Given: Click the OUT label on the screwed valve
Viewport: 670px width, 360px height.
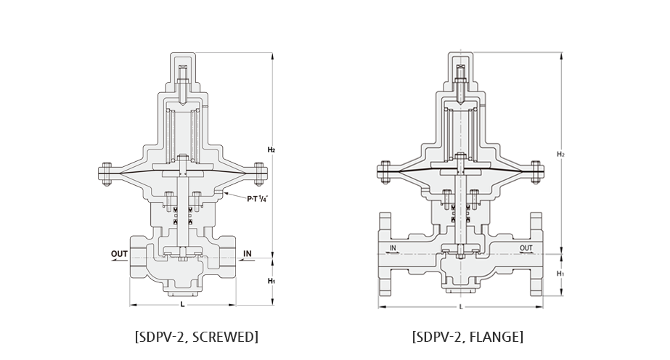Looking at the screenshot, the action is point(119,253).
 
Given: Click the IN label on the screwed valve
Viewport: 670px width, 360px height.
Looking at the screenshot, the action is point(248,253).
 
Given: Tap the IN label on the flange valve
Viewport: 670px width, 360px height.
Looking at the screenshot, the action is point(393,248).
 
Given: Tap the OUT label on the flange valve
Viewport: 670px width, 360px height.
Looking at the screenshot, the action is point(526,248).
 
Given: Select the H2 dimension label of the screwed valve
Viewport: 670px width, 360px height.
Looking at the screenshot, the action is point(271,150).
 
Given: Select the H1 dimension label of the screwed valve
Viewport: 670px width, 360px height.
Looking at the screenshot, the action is point(271,281).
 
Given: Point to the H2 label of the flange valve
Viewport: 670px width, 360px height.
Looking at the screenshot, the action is point(560,154).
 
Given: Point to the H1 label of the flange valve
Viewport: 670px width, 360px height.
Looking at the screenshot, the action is point(560,274).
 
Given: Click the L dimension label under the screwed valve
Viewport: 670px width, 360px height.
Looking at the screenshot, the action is point(182,305).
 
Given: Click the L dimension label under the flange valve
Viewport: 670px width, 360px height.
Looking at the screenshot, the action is point(461,306).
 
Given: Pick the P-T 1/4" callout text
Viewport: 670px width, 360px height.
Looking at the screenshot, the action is point(257,198).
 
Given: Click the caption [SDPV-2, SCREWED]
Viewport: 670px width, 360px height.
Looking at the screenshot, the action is point(197,337).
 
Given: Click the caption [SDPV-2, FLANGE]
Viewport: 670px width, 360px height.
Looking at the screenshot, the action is point(468,337).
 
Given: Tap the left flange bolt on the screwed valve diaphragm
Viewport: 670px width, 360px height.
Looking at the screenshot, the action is point(107,173).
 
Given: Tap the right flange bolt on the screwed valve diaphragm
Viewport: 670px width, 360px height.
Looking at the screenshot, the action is point(258,173).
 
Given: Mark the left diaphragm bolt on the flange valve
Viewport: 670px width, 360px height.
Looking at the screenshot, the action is point(385,172).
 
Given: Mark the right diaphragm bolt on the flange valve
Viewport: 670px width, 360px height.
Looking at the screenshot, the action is point(536,172).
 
